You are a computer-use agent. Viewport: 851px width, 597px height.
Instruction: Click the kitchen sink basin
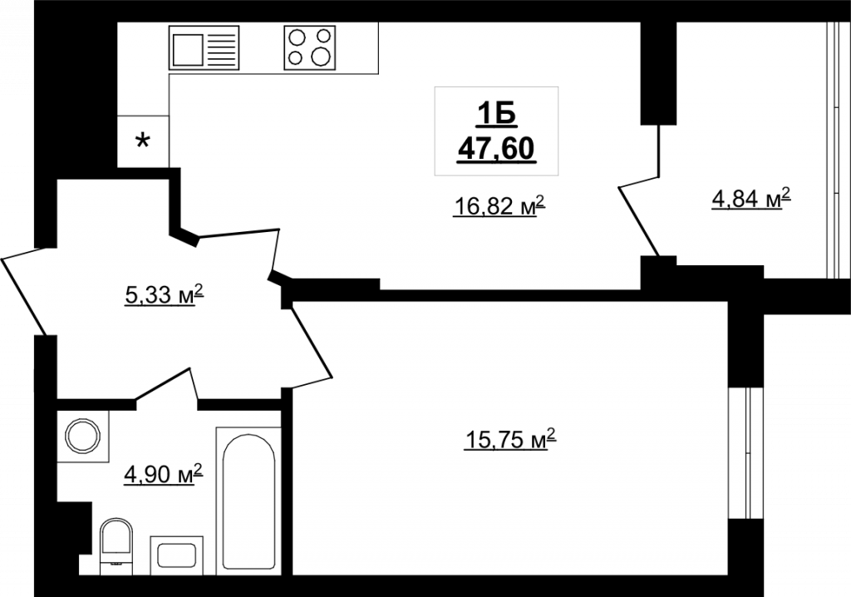click(188, 48)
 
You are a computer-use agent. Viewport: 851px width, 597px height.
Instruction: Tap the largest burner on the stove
click(321, 55)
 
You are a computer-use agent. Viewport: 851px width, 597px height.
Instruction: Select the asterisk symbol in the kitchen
click(142, 142)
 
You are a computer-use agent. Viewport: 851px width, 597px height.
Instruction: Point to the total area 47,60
click(496, 148)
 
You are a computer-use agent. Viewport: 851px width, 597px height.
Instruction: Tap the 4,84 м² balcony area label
click(750, 199)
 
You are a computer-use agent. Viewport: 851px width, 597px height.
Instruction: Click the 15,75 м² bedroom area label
click(510, 440)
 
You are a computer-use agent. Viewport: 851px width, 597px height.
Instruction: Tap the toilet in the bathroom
click(116, 545)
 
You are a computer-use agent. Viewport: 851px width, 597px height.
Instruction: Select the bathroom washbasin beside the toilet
click(176, 555)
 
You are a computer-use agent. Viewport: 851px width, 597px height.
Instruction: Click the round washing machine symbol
click(83, 436)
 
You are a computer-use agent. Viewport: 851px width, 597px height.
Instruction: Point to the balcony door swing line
click(639, 220)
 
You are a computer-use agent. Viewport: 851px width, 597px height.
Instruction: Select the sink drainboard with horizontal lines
click(223, 48)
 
